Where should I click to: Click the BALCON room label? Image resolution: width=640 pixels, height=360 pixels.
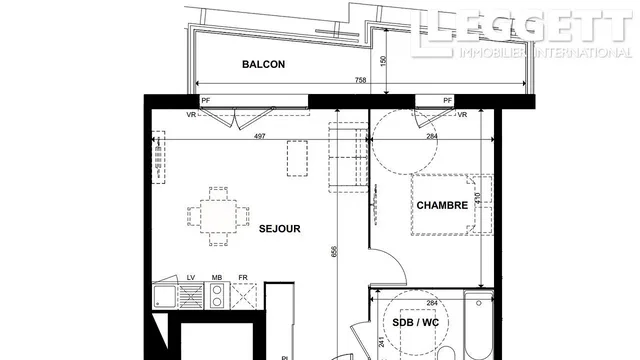pyautogui.click(x=264, y=65)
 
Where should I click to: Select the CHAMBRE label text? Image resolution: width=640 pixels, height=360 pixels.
pyautogui.click(x=442, y=205)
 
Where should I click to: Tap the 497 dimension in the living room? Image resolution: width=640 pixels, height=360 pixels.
pyautogui.click(x=260, y=136)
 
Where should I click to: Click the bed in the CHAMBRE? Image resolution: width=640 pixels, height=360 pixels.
pyautogui.click(x=440, y=205)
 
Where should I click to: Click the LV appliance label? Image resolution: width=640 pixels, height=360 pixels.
pyautogui.click(x=162, y=278)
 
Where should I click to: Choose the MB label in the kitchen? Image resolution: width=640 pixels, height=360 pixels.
pyautogui.click(x=216, y=278)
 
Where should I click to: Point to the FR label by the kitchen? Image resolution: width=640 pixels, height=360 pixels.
pyautogui.click(x=242, y=278)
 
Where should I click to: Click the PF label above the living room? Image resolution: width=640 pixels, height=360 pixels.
pyautogui.click(x=207, y=100)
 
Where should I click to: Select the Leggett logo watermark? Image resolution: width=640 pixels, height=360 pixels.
pyautogui.click(x=520, y=30)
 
